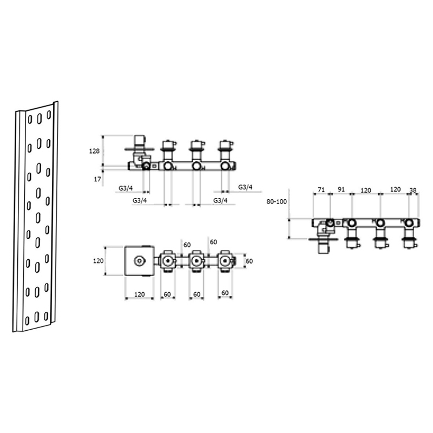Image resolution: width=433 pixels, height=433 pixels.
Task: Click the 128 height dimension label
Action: (x=94, y=151)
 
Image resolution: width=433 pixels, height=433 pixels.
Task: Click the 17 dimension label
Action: (x=97, y=179)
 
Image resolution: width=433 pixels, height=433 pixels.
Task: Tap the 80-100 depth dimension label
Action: (x=277, y=202)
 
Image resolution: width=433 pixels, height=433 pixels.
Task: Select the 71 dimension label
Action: (x=321, y=190)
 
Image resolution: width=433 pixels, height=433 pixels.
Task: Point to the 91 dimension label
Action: (x=342, y=189)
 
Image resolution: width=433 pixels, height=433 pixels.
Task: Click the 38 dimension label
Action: (x=413, y=191)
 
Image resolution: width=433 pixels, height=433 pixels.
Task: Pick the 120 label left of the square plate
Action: (x=99, y=261)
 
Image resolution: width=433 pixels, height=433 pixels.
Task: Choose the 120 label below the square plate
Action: (x=139, y=294)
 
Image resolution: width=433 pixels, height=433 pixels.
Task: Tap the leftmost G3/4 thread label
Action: (x=126, y=188)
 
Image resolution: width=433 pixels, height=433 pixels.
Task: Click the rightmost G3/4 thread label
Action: (x=245, y=187)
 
